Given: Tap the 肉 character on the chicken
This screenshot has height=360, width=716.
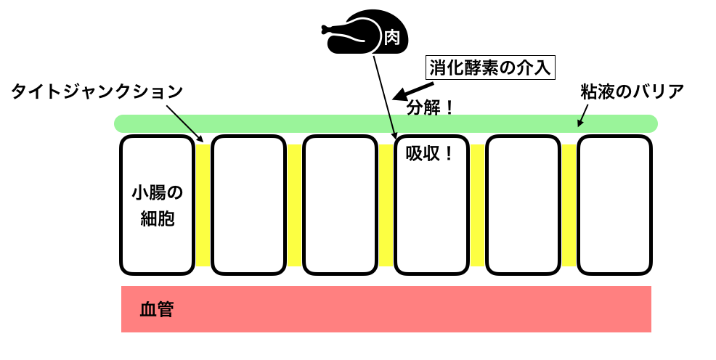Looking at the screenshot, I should tap(391, 38).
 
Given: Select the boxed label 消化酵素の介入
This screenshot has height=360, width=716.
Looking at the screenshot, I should tap(492, 68).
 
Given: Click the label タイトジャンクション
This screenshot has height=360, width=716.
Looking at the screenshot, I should tap(97, 92).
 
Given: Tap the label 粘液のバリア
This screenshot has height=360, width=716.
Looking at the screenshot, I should tap(632, 92).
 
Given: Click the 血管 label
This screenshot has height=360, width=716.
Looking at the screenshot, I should tap(156, 310).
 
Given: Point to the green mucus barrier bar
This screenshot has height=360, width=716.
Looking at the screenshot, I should tap(386, 123).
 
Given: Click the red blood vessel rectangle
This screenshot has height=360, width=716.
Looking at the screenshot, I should tap(386, 309).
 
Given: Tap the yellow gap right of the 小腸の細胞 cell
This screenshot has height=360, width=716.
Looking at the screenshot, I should tap(203, 205).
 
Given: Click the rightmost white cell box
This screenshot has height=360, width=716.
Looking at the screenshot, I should tap(614, 205).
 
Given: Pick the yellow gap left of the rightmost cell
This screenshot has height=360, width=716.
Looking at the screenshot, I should tap(569, 205).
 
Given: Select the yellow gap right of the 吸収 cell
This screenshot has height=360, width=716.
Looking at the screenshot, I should tap(477, 205).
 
